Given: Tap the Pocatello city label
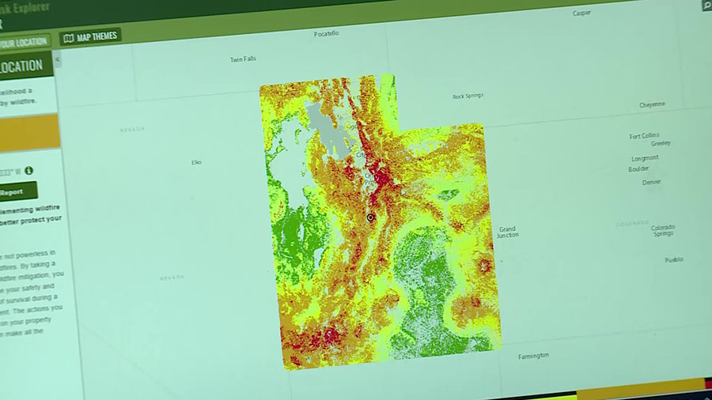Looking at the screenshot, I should coord(326,34).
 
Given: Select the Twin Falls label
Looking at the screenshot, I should coord(243,59).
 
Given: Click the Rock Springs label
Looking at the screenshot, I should coord(468,96).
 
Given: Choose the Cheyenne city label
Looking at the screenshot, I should coord(652,104).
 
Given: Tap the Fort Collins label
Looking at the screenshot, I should coord(644,136).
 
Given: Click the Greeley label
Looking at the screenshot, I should coord(661,143).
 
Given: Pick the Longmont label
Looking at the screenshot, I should coord(645,158).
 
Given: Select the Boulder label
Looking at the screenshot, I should coord(638,169).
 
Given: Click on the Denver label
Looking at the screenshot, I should coord(652,182).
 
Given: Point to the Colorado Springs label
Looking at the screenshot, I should coord(663,230).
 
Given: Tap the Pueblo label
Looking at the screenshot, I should coord(673,259).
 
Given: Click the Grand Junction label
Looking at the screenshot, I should coord(507,232).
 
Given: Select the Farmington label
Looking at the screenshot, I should coord(533,356).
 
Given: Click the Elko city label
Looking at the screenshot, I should coord(196,162).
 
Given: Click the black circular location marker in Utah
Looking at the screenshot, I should coord(370,217).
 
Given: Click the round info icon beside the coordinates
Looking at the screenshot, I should coord(28,170).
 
